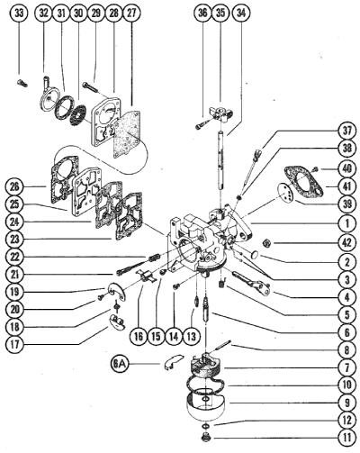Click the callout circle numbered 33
(x=19, y=14)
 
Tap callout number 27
(x=131, y=14)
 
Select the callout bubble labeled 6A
(x=119, y=365)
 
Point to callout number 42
(x=346, y=242)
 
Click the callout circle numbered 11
(x=346, y=437)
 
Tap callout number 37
(x=346, y=131)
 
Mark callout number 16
(x=139, y=336)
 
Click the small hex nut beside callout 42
(x=265, y=243)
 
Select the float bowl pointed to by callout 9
(x=207, y=406)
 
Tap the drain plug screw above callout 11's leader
(x=206, y=437)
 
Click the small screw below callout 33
(x=22, y=84)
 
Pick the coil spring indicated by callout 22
(x=153, y=258)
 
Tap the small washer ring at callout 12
(x=204, y=427)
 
